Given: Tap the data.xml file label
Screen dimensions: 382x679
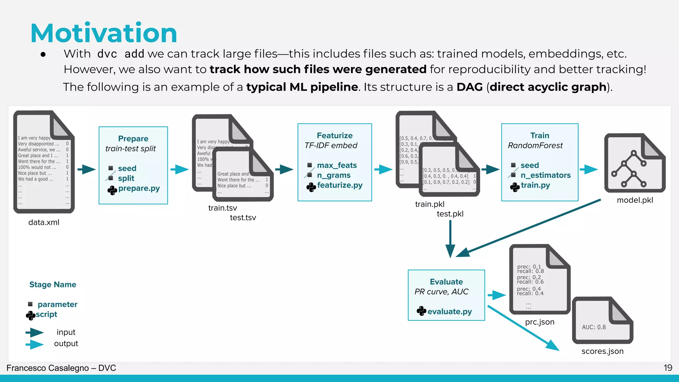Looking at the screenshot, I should click(x=44, y=222).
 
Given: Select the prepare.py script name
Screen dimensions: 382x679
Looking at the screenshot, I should click(x=139, y=188).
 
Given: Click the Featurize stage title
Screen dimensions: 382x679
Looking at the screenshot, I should click(x=335, y=136).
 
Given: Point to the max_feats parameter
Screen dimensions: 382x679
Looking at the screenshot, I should click(x=337, y=165).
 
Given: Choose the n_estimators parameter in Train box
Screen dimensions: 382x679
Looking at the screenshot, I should click(x=545, y=175).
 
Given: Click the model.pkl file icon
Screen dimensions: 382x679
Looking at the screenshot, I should click(x=635, y=163).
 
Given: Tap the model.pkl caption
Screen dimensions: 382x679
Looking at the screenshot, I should click(x=635, y=200).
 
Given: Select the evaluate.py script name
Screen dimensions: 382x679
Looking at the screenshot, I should click(x=450, y=312).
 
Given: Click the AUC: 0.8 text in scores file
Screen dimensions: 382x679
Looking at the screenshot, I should click(x=594, y=327).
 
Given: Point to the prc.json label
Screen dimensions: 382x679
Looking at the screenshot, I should click(x=540, y=322).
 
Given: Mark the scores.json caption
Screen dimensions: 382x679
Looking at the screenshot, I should click(x=602, y=351).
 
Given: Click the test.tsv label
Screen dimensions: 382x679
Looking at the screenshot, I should click(x=243, y=218).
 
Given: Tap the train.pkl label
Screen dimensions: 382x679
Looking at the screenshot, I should click(x=430, y=204).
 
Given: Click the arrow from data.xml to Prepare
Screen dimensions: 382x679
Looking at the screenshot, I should click(x=87, y=169).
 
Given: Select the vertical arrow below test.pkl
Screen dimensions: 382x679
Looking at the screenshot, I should click(x=450, y=239).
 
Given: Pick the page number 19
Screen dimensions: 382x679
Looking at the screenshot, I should click(x=668, y=368).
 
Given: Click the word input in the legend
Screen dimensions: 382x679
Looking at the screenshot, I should click(x=66, y=332).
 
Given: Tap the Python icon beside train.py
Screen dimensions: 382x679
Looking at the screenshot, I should click(x=515, y=187).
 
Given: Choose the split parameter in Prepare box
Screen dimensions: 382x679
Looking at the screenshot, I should click(x=126, y=178).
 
